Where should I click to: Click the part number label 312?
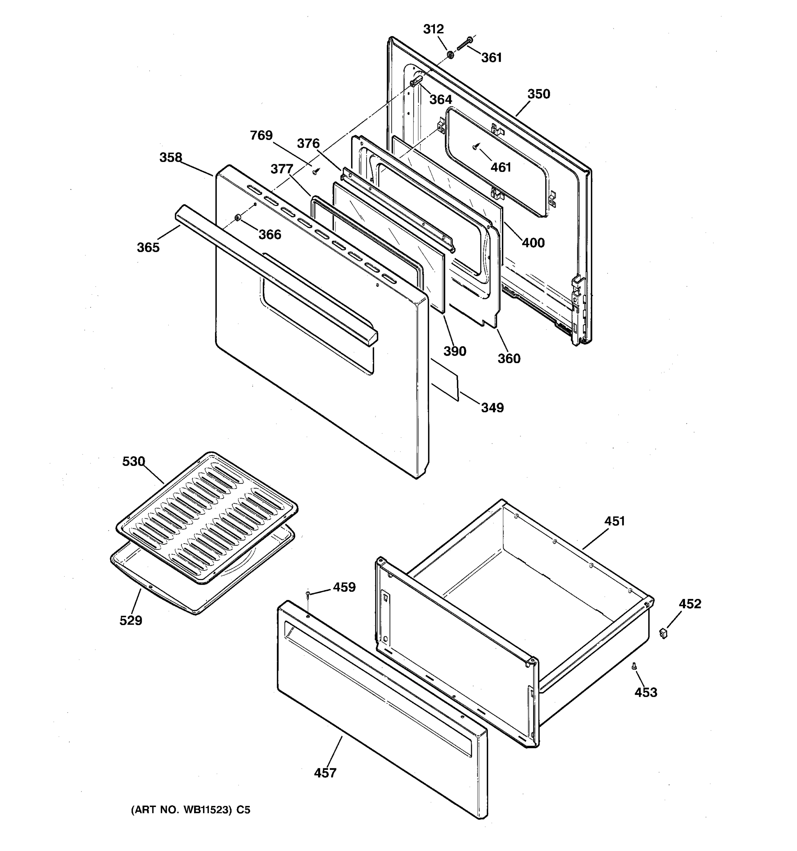tap(433, 29)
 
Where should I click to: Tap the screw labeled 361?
tap(463, 44)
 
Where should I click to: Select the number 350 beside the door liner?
tap(538, 94)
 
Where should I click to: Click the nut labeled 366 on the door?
tap(237, 219)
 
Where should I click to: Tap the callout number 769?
tap(261, 135)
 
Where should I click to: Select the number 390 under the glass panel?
tap(454, 351)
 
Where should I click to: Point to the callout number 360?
tap(509, 358)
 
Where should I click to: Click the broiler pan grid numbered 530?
tap(207, 518)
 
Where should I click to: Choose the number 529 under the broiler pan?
tap(130, 620)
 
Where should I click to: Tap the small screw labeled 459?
tap(307, 593)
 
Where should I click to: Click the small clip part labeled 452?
tap(663, 633)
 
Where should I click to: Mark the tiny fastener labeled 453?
tap(634, 666)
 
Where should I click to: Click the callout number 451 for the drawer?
tap(615, 521)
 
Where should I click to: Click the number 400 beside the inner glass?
tap(533, 243)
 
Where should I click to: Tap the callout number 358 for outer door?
tap(171, 157)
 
